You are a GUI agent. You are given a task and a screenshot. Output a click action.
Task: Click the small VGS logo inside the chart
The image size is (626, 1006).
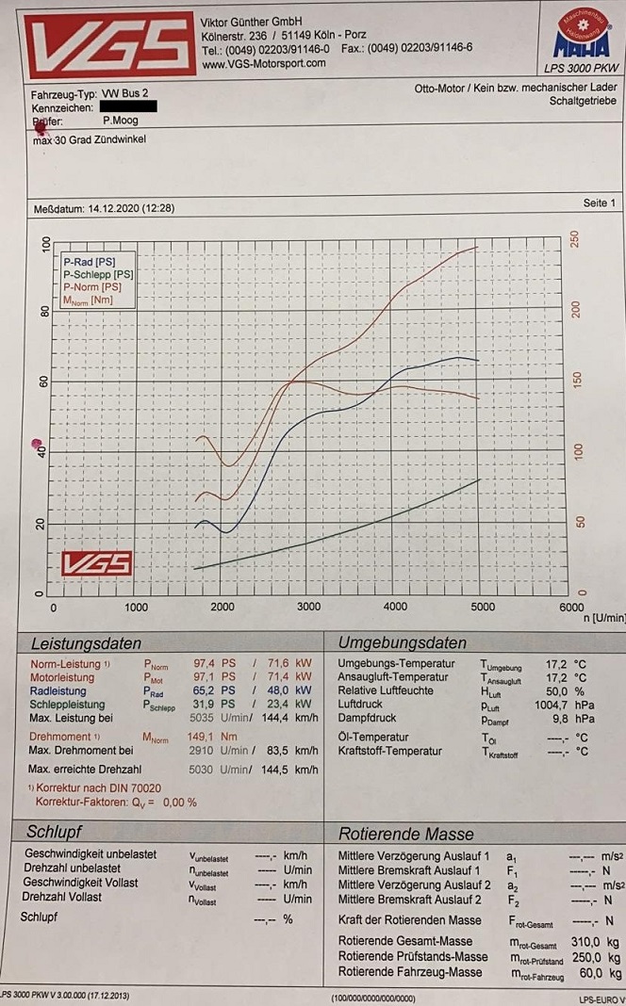[x=96, y=563]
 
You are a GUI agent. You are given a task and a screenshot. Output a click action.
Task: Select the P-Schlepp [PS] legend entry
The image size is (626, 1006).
[x=98, y=274]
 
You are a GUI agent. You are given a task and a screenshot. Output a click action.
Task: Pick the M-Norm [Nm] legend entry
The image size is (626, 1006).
[x=91, y=300]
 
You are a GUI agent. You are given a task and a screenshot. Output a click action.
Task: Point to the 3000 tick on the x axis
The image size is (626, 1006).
[x=308, y=608]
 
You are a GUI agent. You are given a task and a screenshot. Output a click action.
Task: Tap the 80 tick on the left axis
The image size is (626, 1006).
[x=44, y=310]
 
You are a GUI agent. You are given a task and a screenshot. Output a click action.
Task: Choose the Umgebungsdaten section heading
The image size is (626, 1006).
[x=403, y=643]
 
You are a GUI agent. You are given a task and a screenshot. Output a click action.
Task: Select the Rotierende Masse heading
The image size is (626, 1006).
[x=406, y=834]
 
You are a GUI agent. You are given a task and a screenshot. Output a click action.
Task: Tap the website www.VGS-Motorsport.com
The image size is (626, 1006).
[x=263, y=63]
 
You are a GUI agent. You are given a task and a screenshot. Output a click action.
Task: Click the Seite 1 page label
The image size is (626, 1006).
[x=599, y=203]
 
